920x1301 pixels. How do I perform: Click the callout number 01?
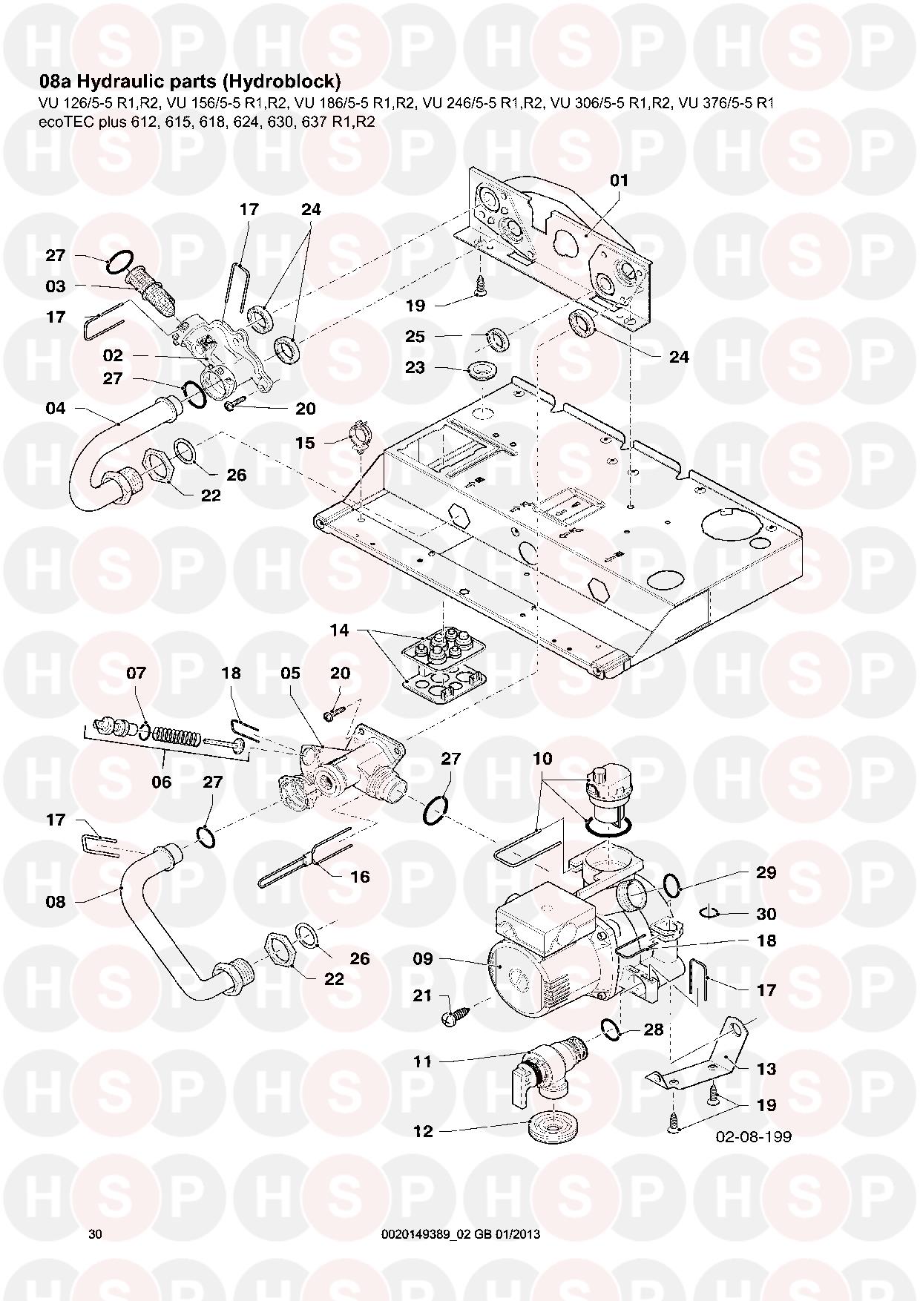point(619,180)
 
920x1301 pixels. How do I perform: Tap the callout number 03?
point(55,286)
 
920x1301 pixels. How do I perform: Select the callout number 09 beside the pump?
point(422,959)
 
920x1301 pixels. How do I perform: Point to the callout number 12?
point(424,1132)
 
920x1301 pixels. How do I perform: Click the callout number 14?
point(339,630)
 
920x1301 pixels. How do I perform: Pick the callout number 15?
point(305,443)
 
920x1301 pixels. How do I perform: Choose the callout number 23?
point(415,368)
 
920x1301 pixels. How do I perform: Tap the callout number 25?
point(415,337)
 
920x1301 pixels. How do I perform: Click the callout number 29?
point(766,872)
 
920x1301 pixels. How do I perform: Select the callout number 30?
point(766,914)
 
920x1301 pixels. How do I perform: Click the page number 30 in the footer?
point(95,1234)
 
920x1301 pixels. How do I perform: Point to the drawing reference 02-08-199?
point(753,1136)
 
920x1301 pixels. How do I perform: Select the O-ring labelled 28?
point(611,1028)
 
